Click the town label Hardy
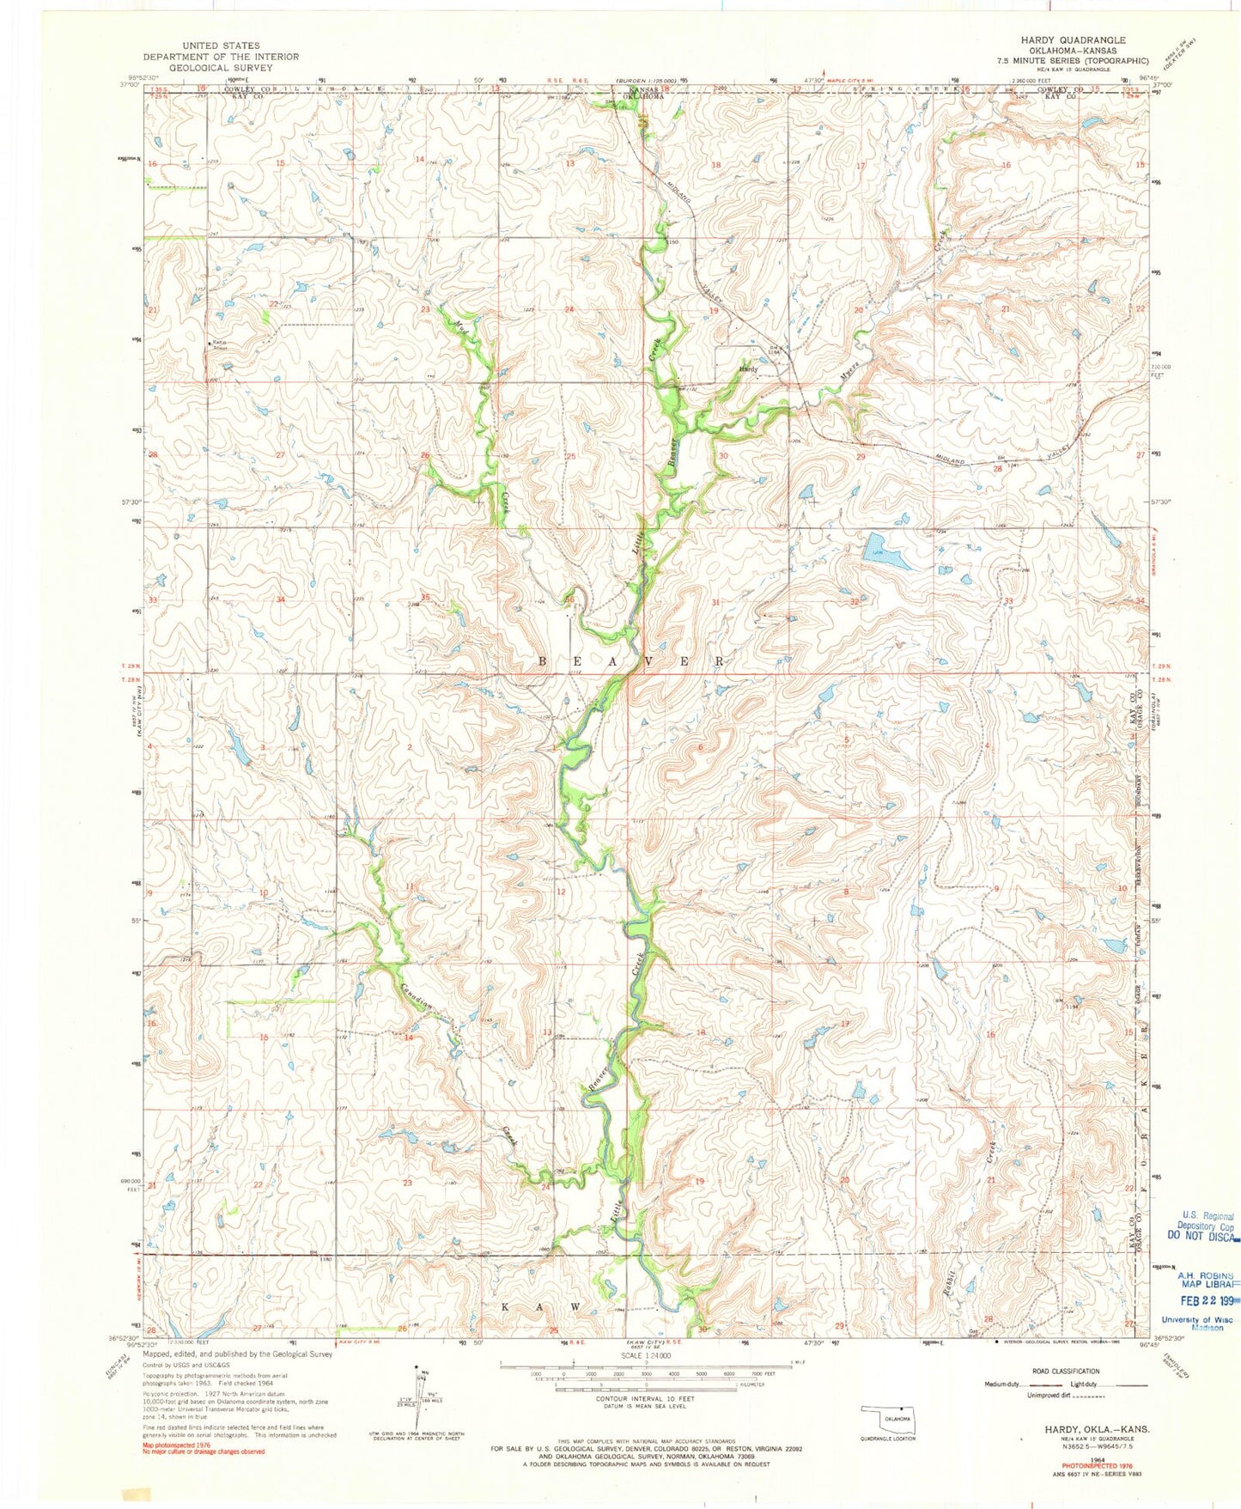click(747, 369)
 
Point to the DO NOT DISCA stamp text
click(1202, 1236)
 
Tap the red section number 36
click(569, 599)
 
